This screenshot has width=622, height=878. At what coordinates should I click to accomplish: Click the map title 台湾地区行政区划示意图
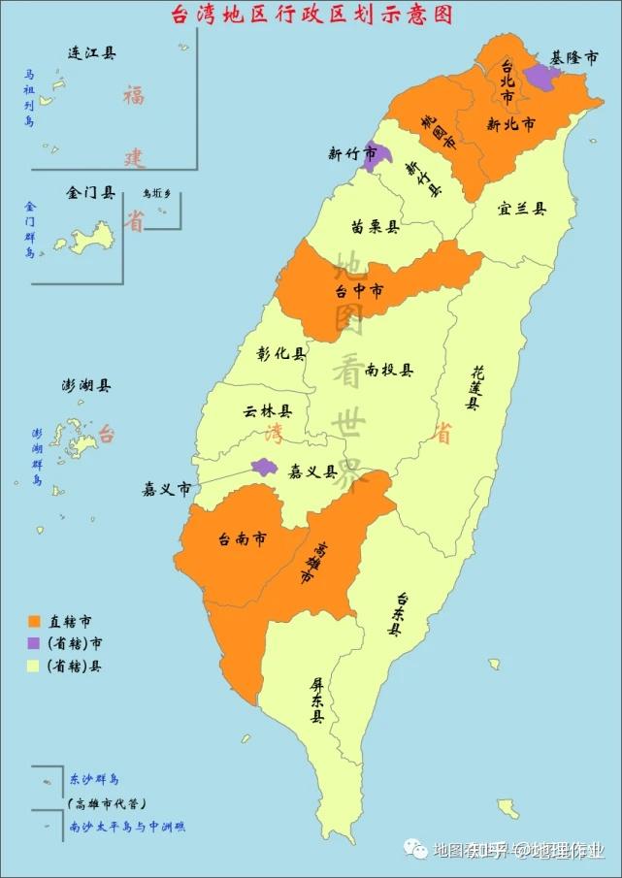pos(311,15)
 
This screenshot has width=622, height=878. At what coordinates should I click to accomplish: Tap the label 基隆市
pos(574,58)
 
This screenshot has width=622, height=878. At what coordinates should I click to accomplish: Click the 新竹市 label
pos(345,153)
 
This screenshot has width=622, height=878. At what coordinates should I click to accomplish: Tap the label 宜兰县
pos(521,209)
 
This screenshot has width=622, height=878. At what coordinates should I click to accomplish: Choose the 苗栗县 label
pos(376,227)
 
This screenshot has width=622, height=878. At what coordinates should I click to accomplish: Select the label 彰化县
pos(281,354)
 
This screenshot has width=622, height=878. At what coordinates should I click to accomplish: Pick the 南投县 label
pos(389,370)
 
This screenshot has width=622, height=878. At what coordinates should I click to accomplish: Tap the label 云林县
pos(268,410)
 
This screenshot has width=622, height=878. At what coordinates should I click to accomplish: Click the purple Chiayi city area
pos(264,467)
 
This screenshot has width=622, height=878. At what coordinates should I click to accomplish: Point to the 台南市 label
pos(243,539)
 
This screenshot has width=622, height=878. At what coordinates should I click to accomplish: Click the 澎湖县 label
pos(86,385)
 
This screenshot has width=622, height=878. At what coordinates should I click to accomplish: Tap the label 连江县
pos(92,53)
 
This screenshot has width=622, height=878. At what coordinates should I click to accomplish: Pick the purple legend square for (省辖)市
pos(35,643)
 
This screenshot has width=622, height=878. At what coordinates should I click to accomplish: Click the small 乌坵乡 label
pos(155,194)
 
